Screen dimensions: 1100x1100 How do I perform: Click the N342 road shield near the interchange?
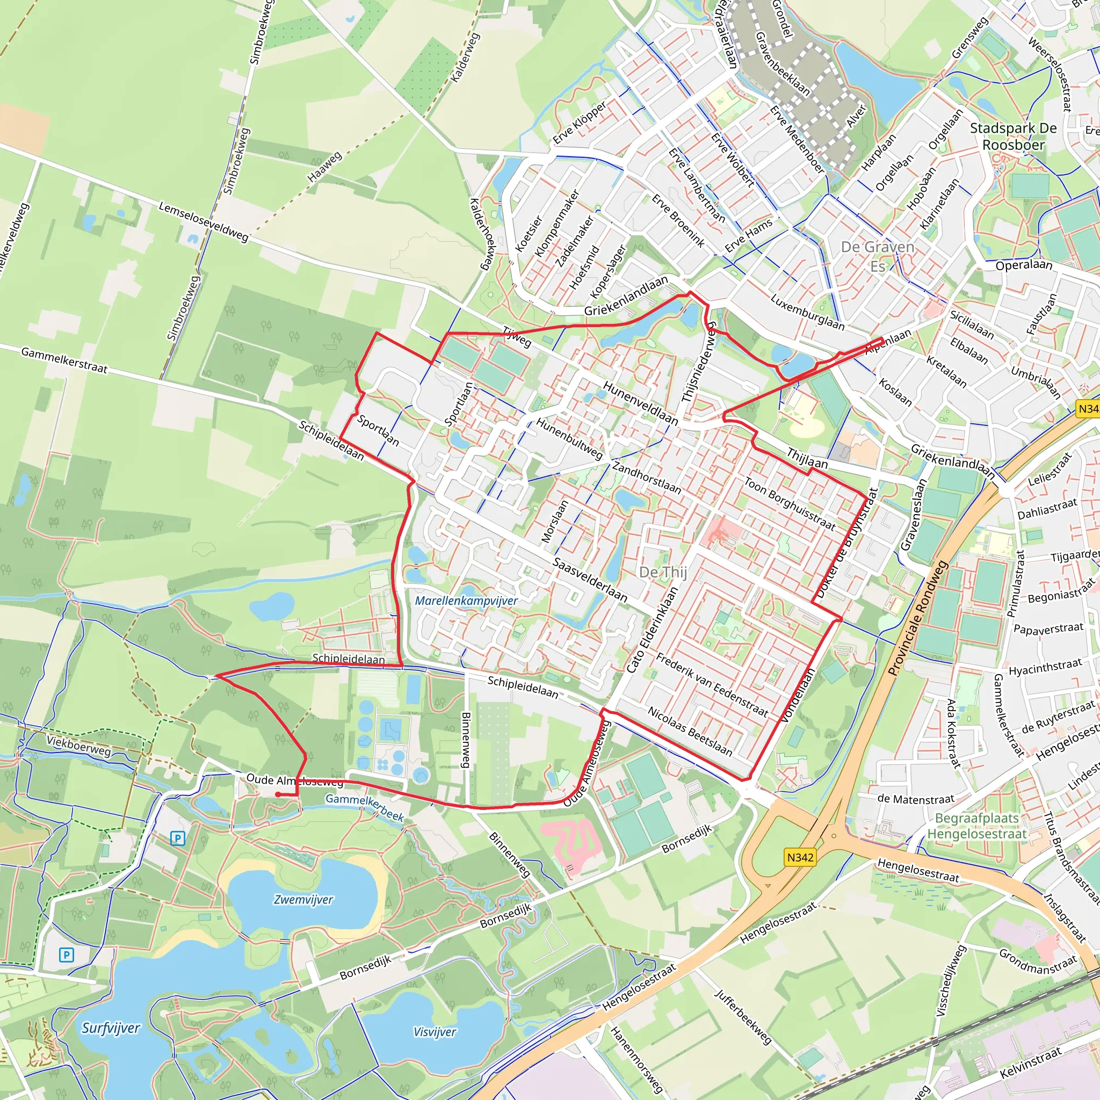(x=800, y=857)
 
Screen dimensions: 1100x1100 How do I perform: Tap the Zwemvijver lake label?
(x=303, y=900)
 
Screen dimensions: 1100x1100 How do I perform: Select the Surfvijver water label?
(x=111, y=1028)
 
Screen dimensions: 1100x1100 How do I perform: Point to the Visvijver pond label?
(x=435, y=1032)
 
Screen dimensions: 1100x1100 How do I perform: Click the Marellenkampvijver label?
(x=466, y=600)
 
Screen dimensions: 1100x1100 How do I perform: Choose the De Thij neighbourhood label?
(x=663, y=572)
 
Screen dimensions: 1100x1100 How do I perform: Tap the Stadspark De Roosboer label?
(x=1013, y=136)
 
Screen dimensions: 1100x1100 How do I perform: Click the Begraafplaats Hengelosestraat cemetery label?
(x=976, y=826)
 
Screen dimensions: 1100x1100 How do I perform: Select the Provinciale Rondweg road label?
(x=917, y=618)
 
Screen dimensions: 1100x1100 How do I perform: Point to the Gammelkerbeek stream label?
(x=364, y=807)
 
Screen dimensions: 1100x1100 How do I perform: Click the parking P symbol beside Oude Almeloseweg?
(x=178, y=838)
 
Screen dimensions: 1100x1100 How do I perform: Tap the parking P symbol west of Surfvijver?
(x=67, y=955)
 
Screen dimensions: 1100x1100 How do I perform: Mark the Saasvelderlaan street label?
(x=590, y=580)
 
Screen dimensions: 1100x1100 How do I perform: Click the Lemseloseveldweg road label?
(x=203, y=221)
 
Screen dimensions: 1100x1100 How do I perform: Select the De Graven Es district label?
(x=878, y=256)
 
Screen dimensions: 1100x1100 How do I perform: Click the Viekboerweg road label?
(x=78, y=746)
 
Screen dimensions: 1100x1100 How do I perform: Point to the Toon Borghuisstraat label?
(x=789, y=504)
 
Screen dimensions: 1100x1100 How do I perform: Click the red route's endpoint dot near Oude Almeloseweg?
(x=277, y=794)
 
